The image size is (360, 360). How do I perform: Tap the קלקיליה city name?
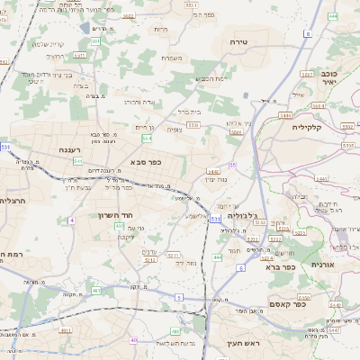332,127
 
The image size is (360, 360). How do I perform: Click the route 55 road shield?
232,166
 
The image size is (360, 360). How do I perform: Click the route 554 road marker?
145,138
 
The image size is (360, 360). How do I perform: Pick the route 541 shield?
79,160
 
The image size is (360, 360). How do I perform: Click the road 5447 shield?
334,330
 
